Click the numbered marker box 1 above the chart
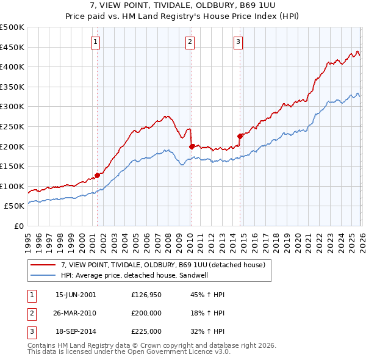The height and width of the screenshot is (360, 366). coord(96,42)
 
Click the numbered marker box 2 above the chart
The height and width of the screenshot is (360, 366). coord(190,42)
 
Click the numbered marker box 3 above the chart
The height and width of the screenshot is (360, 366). coord(238,42)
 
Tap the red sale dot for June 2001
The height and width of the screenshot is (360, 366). coord(97,175)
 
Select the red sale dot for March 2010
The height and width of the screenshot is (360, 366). coord(192,146)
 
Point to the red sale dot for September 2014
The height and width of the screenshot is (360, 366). coord(240,136)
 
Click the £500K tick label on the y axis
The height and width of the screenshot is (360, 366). coord(12,27)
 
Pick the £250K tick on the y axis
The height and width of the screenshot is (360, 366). coord(12,126)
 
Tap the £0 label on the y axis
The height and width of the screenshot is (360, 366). coord(20,226)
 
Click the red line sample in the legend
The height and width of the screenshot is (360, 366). coord(43,265)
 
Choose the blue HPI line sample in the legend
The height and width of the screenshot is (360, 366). coord(43,276)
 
